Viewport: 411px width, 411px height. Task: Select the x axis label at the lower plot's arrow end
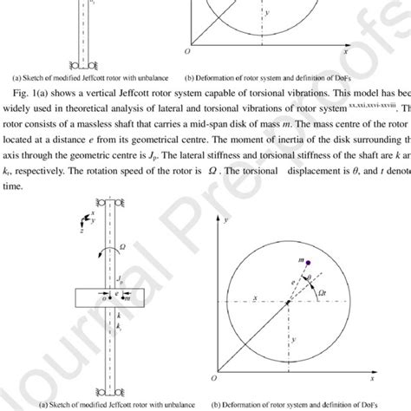[x=395, y=381]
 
